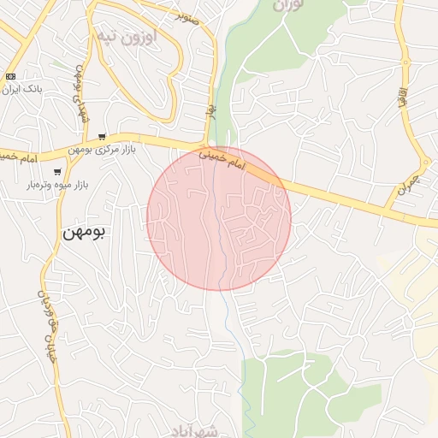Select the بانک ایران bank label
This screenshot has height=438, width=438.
tap(22, 88)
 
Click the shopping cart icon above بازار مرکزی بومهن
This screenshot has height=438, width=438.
tap(102, 137)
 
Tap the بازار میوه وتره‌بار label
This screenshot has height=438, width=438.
tap(60, 185)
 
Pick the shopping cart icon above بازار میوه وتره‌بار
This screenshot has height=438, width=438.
tap(57, 172)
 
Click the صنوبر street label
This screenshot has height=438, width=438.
tap(188, 15)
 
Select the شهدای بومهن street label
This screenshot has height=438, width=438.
tap(81, 93)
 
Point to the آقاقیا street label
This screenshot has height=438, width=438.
tap(400, 94)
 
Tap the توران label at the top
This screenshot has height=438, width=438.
tap(289, 5)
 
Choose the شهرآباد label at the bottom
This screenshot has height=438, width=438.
tap(196, 429)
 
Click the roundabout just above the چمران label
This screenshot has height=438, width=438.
tap(425, 162)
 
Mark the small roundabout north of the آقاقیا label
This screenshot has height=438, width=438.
tap(405, 62)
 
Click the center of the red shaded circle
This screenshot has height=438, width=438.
tap(219, 218)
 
